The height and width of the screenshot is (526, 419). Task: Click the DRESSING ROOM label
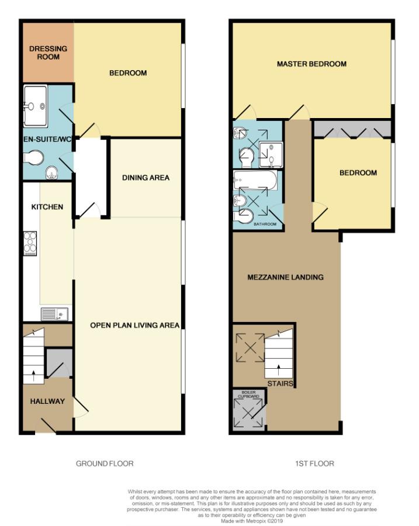48,53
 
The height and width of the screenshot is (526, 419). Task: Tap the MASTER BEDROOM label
311,64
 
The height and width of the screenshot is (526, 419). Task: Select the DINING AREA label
146,178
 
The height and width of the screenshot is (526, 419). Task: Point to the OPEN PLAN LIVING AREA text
134,325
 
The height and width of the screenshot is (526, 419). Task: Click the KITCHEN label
47,207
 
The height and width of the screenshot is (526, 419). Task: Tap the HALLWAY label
47,402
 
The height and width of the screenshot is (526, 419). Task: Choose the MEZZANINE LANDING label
285,277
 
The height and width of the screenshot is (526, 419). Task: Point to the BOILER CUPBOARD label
248,393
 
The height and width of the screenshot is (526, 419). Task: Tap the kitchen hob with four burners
30,244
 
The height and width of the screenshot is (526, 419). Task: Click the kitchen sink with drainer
54,314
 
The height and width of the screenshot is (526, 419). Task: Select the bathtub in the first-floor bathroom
255,181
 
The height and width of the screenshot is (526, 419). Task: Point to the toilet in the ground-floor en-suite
34,158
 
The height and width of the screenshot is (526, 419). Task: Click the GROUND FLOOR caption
105,463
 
